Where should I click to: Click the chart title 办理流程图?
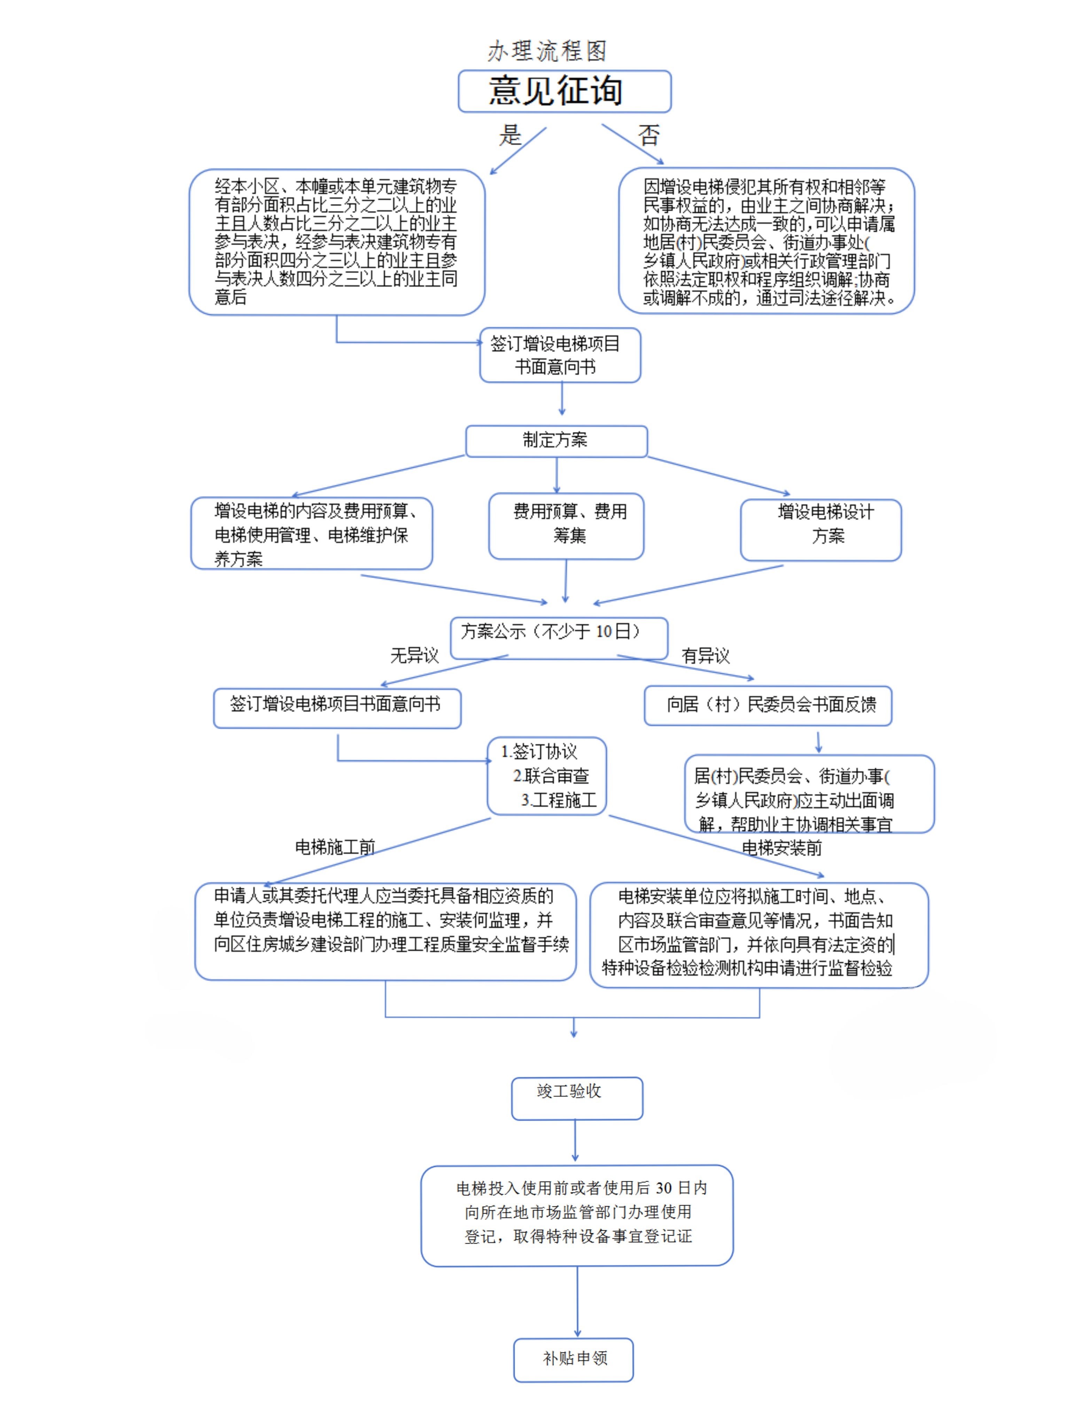(x=547, y=51)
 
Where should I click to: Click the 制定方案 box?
(x=556, y=441)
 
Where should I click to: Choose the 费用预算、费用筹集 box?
(x=566, y=526)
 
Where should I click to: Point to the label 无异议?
(x=414, y=656)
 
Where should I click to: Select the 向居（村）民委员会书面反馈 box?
(x=768, y=705)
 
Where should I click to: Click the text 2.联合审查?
(x=551, y=776)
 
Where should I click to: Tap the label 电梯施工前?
(x=335, y=847)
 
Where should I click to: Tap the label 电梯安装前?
(x=782, y=848)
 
